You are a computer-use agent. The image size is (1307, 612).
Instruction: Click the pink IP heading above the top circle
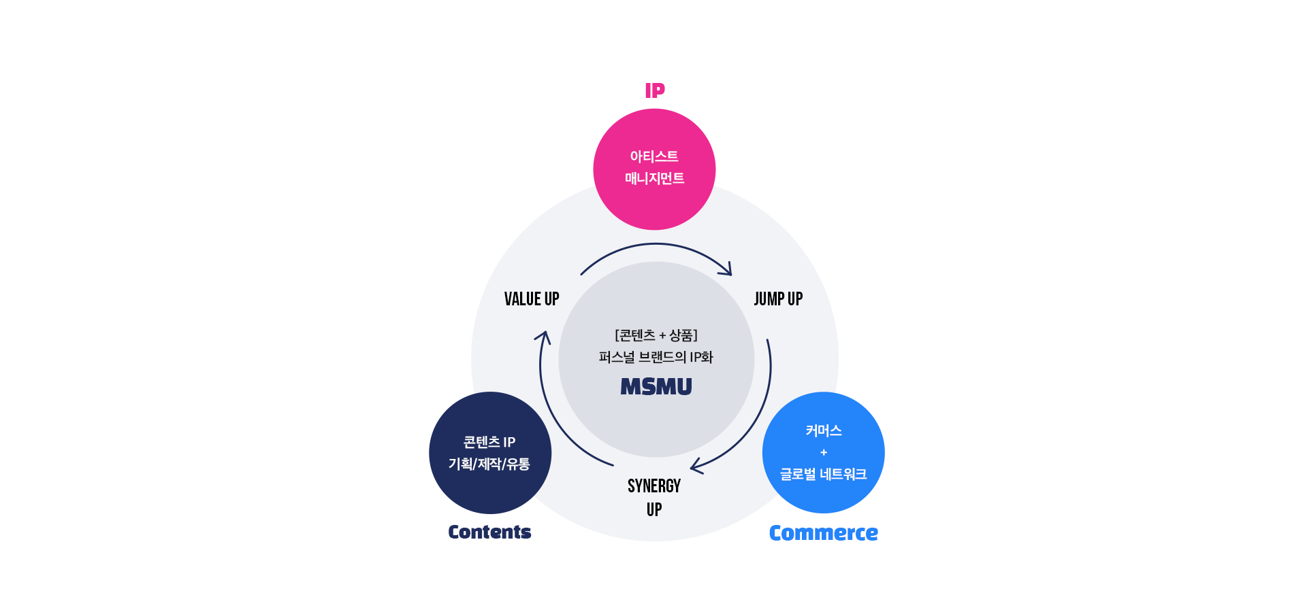point(655,90)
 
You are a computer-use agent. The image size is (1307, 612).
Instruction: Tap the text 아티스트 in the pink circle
point(654,156)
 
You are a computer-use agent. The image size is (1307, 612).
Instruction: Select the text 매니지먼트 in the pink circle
point(655,178)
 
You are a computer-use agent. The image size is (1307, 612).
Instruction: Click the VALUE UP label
point(532,299)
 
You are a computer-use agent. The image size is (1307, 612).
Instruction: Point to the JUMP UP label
point(778,299)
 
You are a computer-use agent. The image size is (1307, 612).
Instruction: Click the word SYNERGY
point(654,486)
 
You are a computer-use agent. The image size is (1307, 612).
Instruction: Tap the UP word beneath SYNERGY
point(654,510)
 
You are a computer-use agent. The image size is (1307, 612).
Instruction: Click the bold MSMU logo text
point(656,387)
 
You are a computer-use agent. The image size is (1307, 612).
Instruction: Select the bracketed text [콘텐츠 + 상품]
point(656,335)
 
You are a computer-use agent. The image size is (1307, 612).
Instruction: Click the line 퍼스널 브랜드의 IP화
point(656,357)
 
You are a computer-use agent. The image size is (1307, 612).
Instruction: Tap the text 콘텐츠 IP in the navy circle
point(489,443)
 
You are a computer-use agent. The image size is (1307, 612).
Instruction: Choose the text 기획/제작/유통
point(489,464)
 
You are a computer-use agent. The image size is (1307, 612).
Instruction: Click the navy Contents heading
point(489,532)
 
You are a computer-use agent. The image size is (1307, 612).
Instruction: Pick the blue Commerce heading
point(824,533)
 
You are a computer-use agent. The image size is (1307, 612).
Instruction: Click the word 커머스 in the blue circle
point(824,430)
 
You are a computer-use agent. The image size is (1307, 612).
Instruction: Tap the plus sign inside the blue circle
point(824,453)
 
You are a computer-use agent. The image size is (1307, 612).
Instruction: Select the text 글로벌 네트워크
point(824,475)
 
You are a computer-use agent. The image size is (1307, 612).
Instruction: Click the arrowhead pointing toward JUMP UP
point(727,271)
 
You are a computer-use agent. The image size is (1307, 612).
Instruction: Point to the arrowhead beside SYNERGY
point(696,466)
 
